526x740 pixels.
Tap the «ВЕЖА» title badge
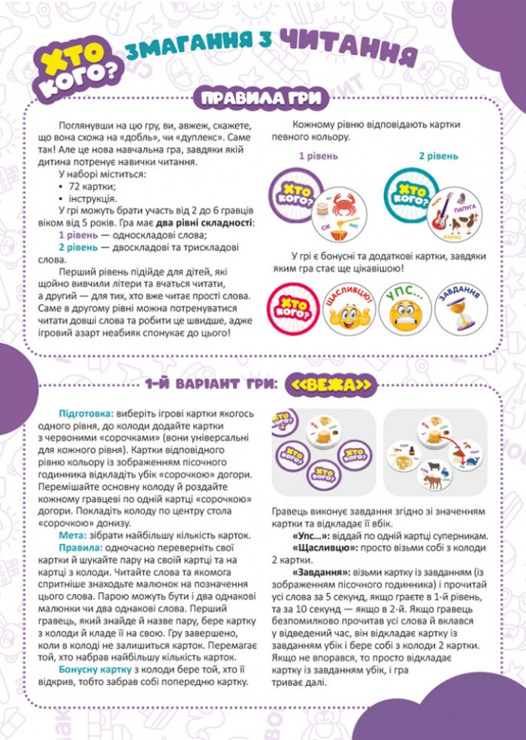[x=331, y=384]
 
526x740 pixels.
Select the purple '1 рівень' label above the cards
[x=318, y=156]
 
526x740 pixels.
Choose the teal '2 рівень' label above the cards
[x=438, y=156]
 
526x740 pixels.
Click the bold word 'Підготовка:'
[x=84, y=414]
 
